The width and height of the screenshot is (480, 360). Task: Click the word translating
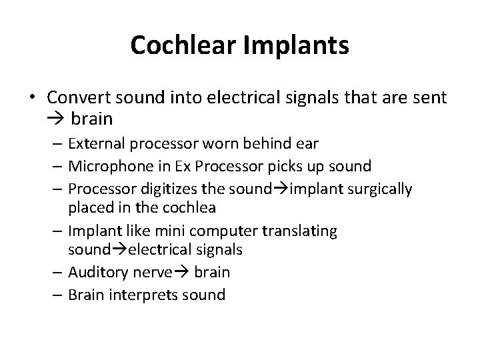point(303,231)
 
